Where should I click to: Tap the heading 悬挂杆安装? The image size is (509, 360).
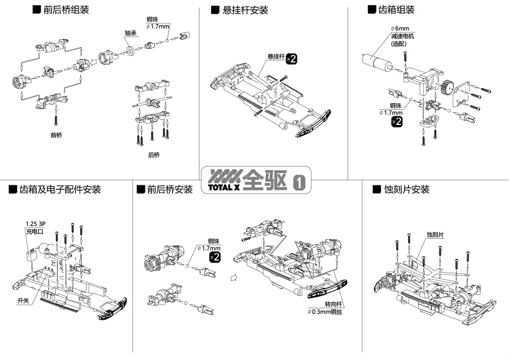pyautogui.click(x=245, y=10)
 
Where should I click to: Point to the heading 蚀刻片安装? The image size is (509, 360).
pyautogui.click(x=407, y=189)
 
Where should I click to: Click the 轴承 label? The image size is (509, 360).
pyautogui.click(x=130, y=33)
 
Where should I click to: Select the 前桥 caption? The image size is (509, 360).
pyautogui.click(x=56, y=136)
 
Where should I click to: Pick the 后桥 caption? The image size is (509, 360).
pyautogui.click(x=153, y=155)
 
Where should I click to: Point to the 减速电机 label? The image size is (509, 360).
pyautogui.click(x=402, y=36)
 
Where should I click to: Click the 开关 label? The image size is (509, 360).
pyautogui.click(x=23, y=301)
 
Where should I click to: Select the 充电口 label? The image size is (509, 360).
pyautogui.click(x=34, y=232)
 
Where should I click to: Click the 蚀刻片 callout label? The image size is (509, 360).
pyautogui.click(x=435, y=235)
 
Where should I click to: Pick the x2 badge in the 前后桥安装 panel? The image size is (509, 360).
pyautogui.click(x=215, y=257)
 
